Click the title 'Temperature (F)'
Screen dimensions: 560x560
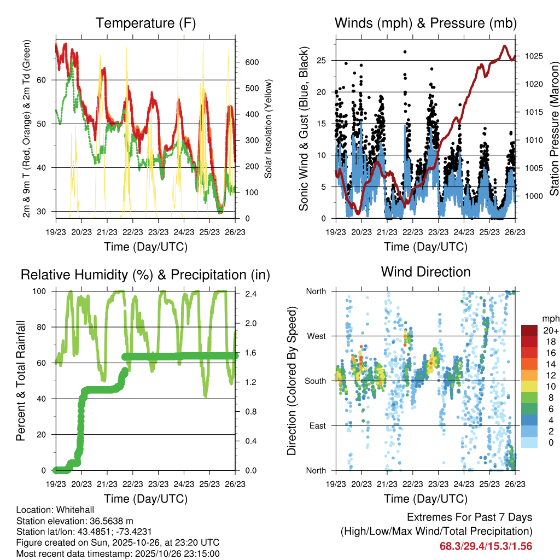pyautogui.click(x=145, y=23)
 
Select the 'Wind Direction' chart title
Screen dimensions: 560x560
pyautogui.click(x=425, y=272)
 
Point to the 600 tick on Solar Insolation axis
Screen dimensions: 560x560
pyautogui.click(x=249, y=62)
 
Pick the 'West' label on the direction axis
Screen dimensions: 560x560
pyautogui.click(x=316, y=336)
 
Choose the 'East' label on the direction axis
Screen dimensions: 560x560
pyautogui.click(x=317, y=425)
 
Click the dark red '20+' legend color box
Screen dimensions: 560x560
pyautogui.click(x=529, y=331)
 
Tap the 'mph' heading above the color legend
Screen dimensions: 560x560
pyautogui.click(x=549, y=318)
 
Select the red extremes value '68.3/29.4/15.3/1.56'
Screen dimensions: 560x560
pyautogui.click(x=486, y=546)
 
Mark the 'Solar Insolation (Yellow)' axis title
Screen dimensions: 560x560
pyautogui.click(x=269, y=129)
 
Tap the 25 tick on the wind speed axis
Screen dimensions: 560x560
pyautogui.click(x=323, y=60)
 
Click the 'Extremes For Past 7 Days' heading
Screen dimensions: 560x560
pyautogui.click(x=469, y=517)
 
